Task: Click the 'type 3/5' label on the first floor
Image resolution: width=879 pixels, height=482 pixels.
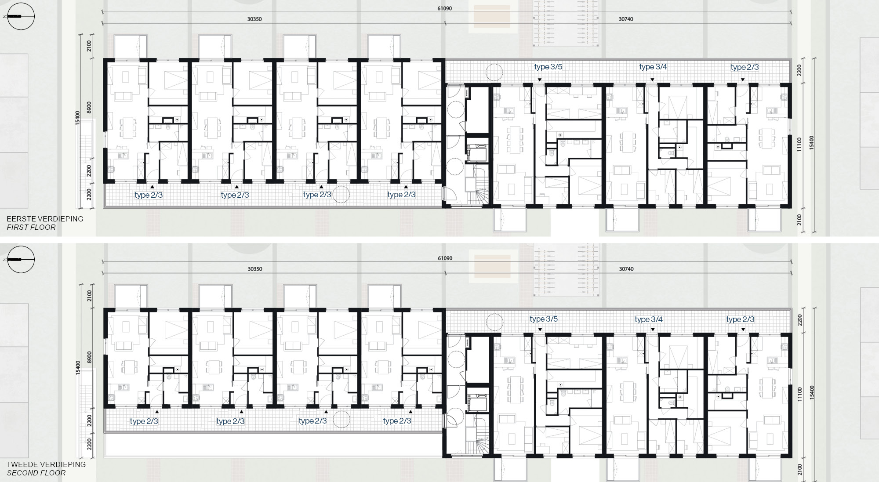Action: coord(548,67)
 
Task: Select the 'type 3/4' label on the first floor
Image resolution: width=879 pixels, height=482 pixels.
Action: coord(653,67)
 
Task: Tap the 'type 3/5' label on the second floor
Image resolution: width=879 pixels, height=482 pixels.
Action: coord(544,319)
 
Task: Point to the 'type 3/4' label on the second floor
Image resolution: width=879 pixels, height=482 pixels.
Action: coord(649,319)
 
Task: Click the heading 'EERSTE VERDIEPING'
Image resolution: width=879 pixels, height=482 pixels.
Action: coord(45,219)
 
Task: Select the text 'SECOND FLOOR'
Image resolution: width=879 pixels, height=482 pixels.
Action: coord(36,473)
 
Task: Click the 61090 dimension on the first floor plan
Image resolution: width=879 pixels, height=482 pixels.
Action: coord(445,8)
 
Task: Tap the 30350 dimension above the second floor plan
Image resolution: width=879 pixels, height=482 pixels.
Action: coord(255,269)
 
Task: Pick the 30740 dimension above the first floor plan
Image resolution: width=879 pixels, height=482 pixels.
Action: coord(626,19)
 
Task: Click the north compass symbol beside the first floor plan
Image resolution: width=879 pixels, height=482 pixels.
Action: coord(21,16)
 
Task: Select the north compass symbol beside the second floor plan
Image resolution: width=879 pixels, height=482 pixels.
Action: coord(21,259)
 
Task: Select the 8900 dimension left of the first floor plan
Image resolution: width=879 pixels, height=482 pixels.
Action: coord(89,107)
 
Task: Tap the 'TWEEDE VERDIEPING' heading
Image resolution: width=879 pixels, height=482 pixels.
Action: coord(46,464)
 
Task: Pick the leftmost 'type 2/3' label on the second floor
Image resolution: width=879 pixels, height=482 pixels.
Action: coord(144,421)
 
